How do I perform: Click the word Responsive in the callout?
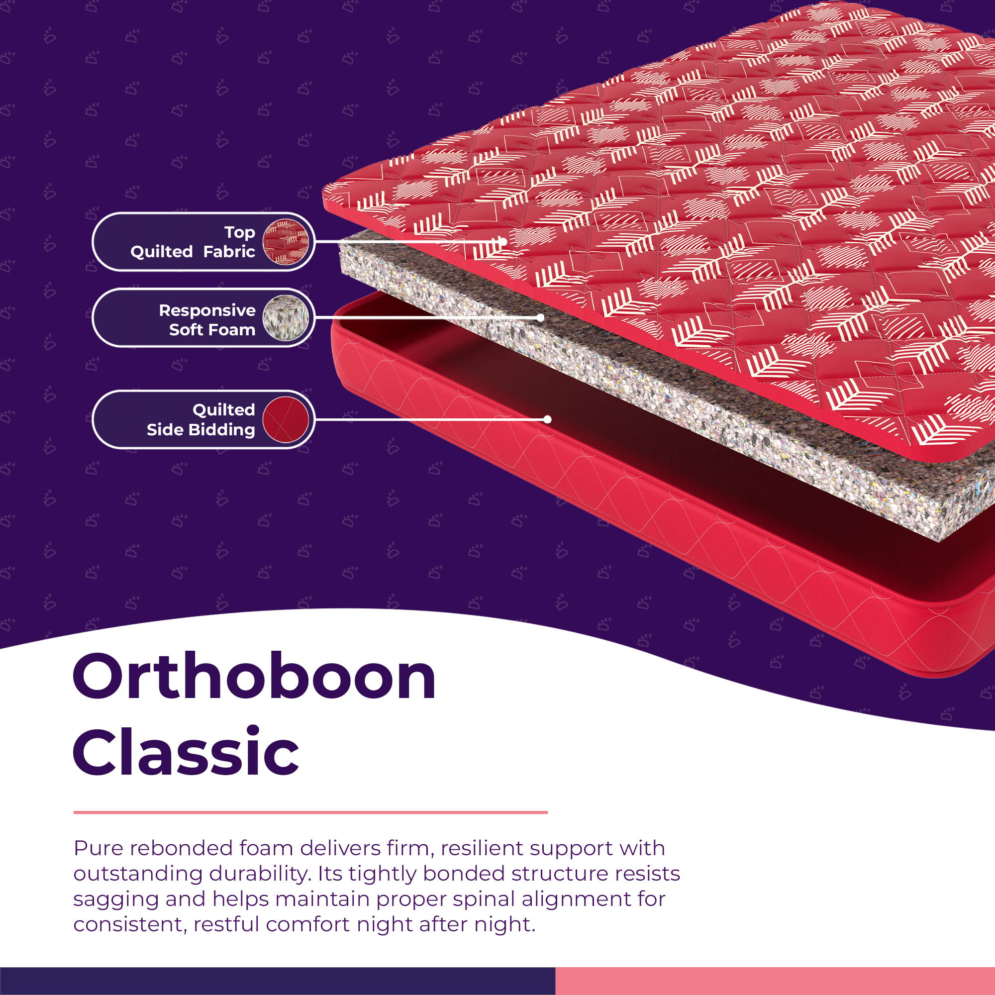(207, 310)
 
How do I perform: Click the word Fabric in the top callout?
(229, 251)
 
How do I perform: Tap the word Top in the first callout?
(239, 232)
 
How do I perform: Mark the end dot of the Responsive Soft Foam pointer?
(540, 318)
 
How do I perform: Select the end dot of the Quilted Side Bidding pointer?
(547, 419)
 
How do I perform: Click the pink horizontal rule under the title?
(310, 812)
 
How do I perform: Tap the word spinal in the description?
(481, 898)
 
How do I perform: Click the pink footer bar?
(775, 981)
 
